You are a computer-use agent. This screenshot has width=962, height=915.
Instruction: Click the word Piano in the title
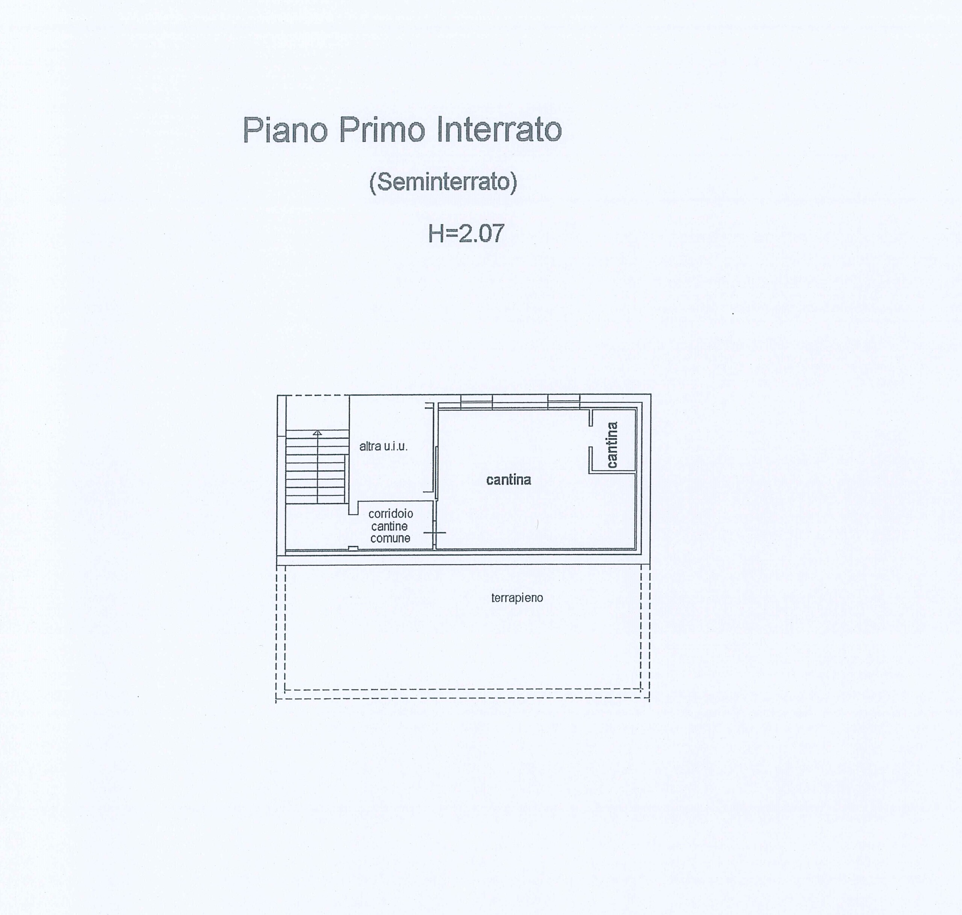[x=285, y=130]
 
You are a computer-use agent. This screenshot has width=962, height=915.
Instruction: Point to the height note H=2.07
[x=466, y=233]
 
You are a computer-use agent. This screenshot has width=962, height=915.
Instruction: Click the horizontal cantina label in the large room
[x=508, y=480]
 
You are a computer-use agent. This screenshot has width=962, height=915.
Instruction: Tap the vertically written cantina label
[x=612, y=445]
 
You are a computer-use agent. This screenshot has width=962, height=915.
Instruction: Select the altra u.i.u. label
[x=383, y=446]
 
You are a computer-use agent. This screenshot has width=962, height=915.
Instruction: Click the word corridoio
[x=391, y=513]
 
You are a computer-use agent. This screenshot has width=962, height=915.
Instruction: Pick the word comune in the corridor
[x=390, y=539]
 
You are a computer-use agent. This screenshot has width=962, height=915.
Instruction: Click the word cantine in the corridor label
[x=389, y=526]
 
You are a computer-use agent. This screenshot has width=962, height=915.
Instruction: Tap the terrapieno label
[x=517, y=598]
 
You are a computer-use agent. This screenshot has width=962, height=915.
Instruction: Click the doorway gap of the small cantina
[x=590, y=436]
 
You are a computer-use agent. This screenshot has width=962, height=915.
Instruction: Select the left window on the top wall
[x=476, y=402]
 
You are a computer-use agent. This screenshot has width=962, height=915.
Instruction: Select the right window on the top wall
[x=563, y=402]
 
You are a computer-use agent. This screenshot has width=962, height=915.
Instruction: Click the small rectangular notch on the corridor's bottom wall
[x=353, y=548]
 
